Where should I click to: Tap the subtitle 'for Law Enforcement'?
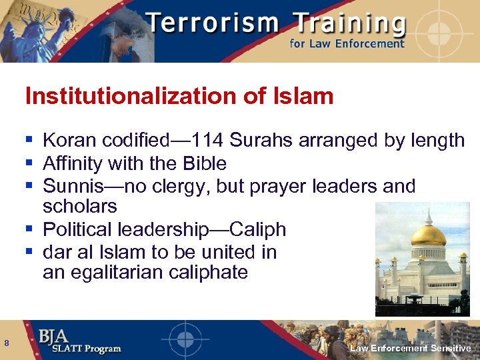point(347,44)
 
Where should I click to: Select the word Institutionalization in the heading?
point(131,97)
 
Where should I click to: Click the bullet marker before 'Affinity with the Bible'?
point(29,163)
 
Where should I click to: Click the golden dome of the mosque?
point(429,235)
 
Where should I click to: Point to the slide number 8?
point(7,343)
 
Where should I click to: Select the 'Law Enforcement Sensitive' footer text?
point(411,348)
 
